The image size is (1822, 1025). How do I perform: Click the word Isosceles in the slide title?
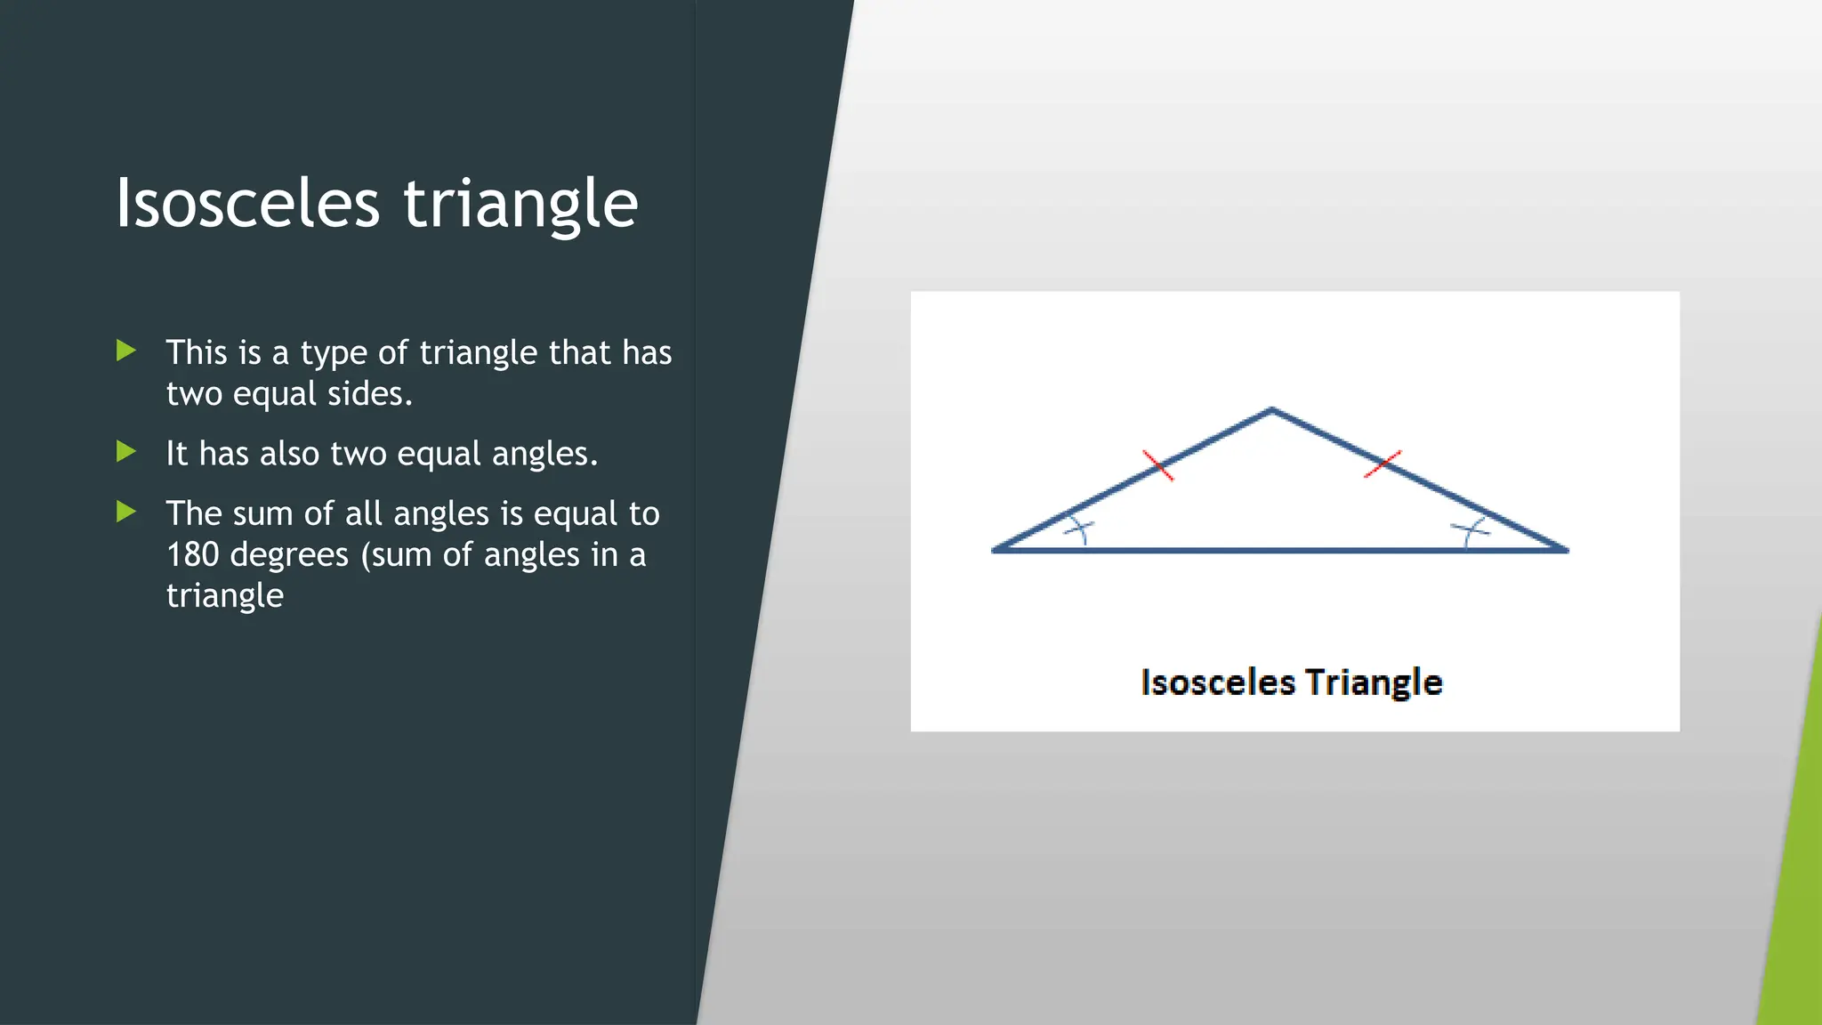click(247, 204)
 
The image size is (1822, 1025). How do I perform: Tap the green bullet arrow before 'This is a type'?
click(126, 351)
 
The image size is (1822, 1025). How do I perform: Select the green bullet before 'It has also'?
click(126, 452)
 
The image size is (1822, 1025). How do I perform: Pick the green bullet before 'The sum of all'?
click(126, 512)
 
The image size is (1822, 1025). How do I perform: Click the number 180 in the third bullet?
click(193, 554)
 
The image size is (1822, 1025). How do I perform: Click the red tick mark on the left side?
click(1157, 465)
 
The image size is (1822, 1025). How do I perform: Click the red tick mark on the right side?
click(1383, 464)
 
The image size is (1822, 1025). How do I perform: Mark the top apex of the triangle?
click(1272, 410)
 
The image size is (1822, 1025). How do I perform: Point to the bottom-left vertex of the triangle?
click(995, 550)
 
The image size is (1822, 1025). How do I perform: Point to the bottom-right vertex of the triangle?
click(1566, 550)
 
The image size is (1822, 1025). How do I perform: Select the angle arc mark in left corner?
click(1079, 531)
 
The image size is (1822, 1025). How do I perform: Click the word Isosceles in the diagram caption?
click(1217, 682)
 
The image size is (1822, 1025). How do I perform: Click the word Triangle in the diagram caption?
click(1373, 682)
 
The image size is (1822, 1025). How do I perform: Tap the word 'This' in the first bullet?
click(197, 352)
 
